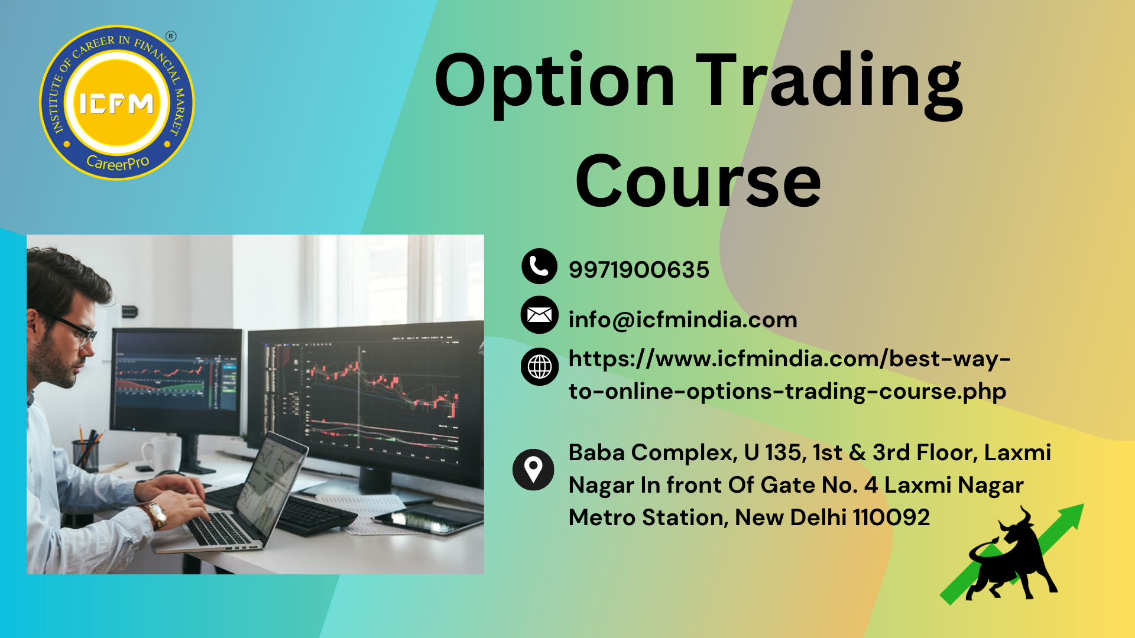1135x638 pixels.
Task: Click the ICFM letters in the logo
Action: pos(116,104)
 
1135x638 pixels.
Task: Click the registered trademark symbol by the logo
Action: pos(171,37)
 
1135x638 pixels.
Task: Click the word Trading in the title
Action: pos(829,83)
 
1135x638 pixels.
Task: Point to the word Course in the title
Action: pos(698,181)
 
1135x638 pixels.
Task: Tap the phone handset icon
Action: pos(539,266)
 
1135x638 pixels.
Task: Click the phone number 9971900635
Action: pos(638,270)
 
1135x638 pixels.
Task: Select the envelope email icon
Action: pos(539,315)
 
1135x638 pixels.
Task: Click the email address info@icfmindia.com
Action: pos(683,320)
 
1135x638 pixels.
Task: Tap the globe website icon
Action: pos(539,367)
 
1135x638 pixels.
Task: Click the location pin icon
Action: pos(533,470)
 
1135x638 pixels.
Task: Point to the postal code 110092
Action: pos(891,517)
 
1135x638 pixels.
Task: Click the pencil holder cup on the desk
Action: pos(86,455)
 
